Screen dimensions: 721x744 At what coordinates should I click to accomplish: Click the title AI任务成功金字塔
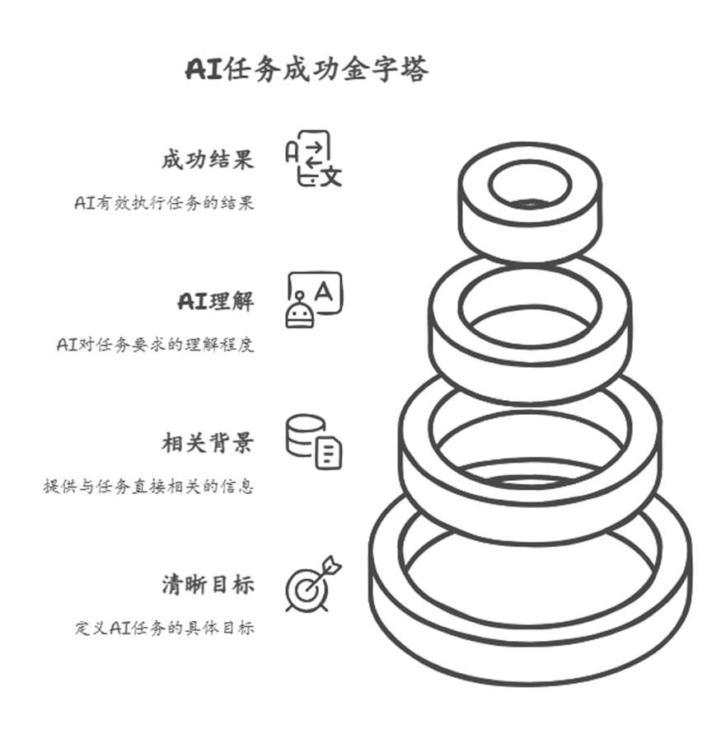click(x=307, y=70)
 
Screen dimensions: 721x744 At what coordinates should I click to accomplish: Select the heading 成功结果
click(x=207, y=159)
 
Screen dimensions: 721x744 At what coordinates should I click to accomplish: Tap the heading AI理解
click(x=216, y=301)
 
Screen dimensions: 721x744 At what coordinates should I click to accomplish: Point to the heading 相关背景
click(x=207, y=443)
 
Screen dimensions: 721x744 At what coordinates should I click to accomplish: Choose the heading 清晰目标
click(x=207, y=585)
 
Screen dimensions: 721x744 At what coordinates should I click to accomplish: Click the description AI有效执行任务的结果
click(x=164, y=203)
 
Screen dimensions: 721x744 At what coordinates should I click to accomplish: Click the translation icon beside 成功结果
click(x=313, y=158)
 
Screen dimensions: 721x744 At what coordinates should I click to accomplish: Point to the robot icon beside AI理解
click(x=313, y=300)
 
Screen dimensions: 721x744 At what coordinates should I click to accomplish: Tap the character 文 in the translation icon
click(x=330, y=176)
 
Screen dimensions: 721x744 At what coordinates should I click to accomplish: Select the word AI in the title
click(x=204, y=70)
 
